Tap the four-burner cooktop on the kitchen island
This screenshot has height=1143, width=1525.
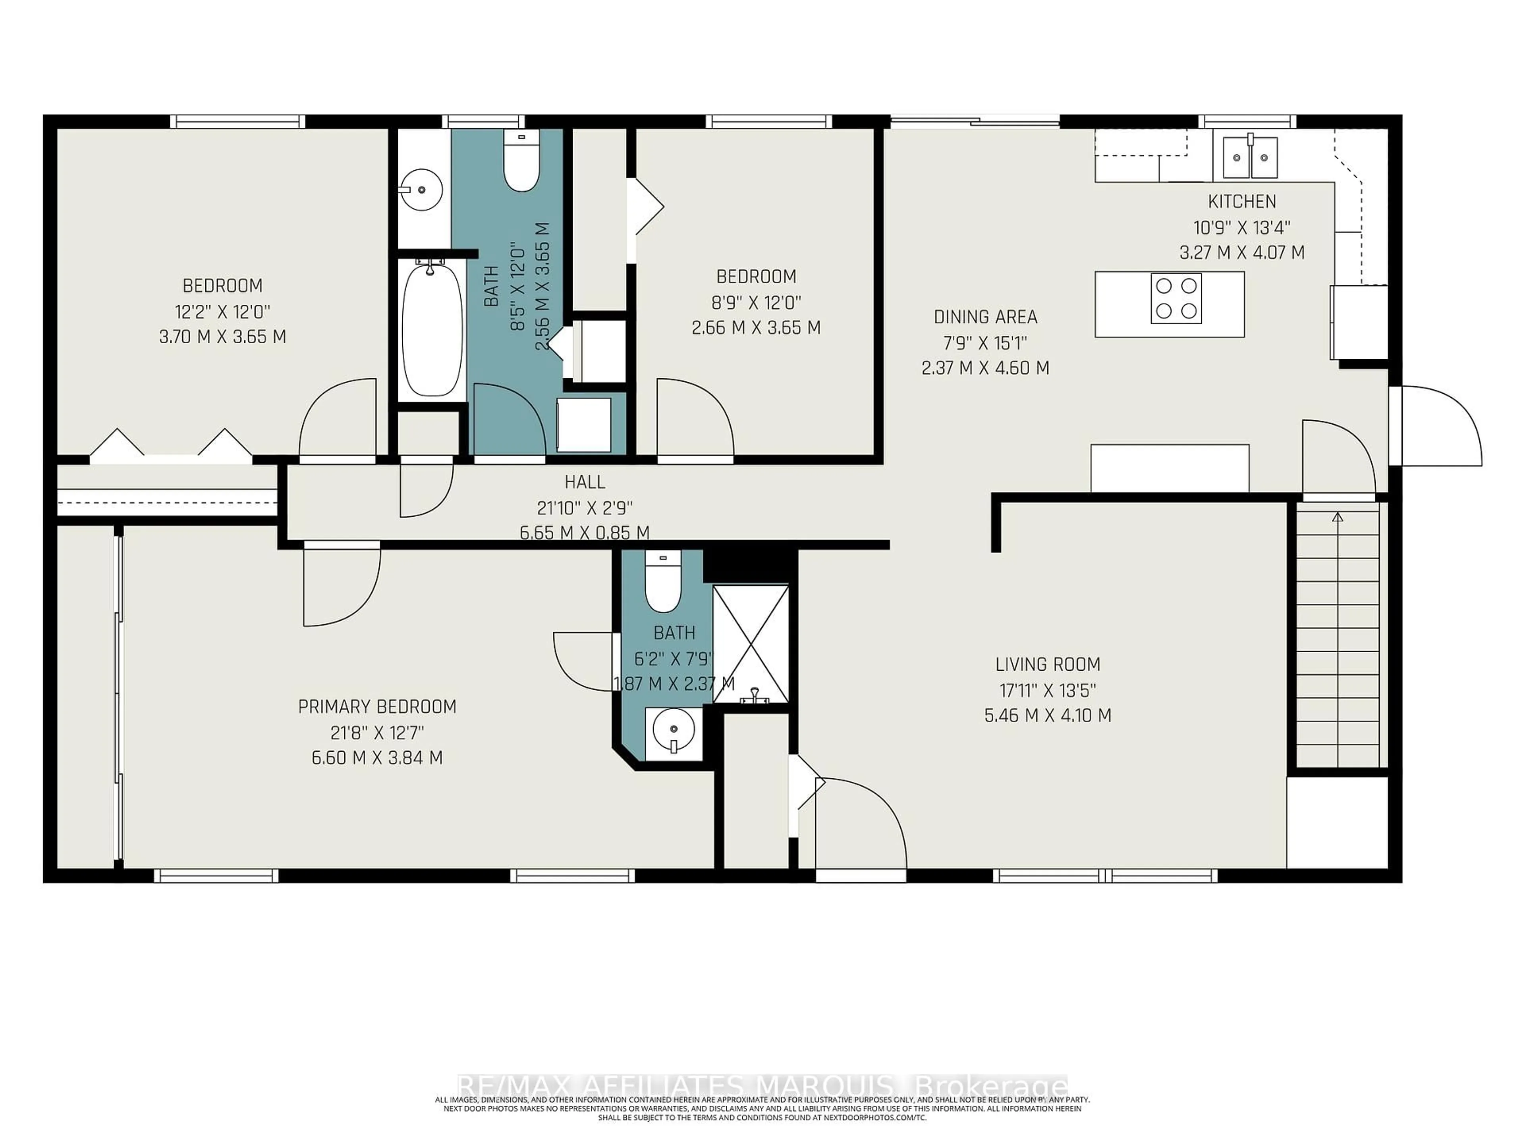pyautogui.click(x=1176, y=298)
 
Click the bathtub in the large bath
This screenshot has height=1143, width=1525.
pyautogui.click(x=432, y=330)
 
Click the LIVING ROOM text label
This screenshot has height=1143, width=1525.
pyautogui.click(x=1047, y=664)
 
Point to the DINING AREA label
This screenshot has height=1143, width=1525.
pyautogui.click(x=985, y=317)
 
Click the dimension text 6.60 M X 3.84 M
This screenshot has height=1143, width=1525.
pyautogui.click(x=377, y=758)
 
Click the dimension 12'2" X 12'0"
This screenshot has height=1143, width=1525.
pyautogui.click(x=222, y=312)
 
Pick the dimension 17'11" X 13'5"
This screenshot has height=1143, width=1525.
pyautogui.click(x=1047, y=690)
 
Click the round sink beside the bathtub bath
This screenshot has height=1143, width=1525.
pyautogui.click(x=421, y=188)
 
